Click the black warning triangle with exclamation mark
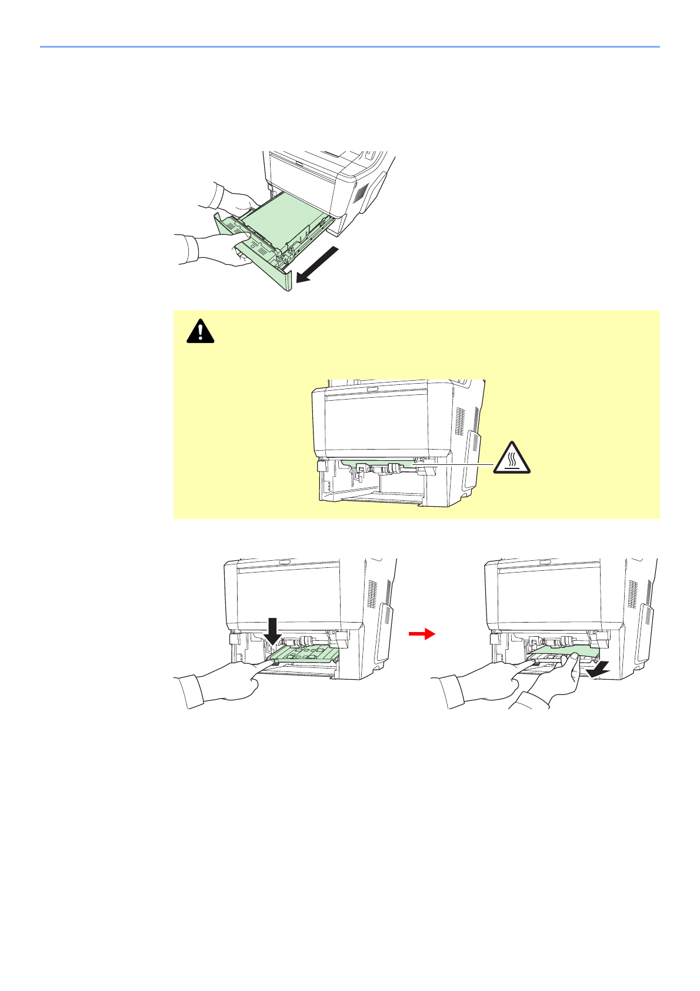[x=201, y=331]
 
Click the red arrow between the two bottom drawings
[x=422, y=634]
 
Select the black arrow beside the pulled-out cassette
[x=317, y=264]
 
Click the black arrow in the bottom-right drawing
[x=601, y=669]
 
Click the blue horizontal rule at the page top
[x=349, y=46]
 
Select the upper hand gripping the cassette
[x=229, y=198]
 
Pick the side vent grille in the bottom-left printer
[x=372, y=594]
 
